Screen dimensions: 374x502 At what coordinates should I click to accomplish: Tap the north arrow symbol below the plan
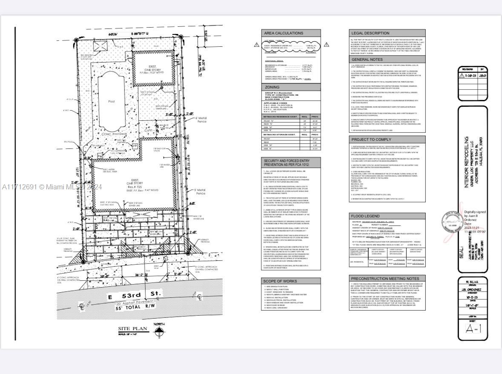pyautogui.click(x=159, y=332)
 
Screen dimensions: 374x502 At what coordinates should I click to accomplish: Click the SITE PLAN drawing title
pyautogui.click(x=133, y=328)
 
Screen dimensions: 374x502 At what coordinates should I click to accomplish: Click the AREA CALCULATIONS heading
pyautogui.click(x=284, y=33)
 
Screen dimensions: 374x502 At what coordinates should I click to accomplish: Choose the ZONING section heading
pyautogui.click(x=273, y=87)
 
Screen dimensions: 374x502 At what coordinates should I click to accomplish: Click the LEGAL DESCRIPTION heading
pyautogui.click(x=370, y=33)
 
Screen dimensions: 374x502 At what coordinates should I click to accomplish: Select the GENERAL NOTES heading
pyautogui.click(x=367, y=60)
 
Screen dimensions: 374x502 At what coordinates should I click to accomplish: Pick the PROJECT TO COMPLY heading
pyautogui.click(x=371, y=139)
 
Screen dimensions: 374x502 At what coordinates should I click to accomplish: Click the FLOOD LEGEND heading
pyautogui.click(x=365, y=216)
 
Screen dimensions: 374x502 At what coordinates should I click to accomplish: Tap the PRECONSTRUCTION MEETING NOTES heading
pyautogui.click(x=385, y=279)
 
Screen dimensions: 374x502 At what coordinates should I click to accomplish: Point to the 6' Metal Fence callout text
pyautogui.click(x=201, y=120)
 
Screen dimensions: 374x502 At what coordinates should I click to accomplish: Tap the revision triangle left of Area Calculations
pyautogui.click(x=256, y=45)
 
